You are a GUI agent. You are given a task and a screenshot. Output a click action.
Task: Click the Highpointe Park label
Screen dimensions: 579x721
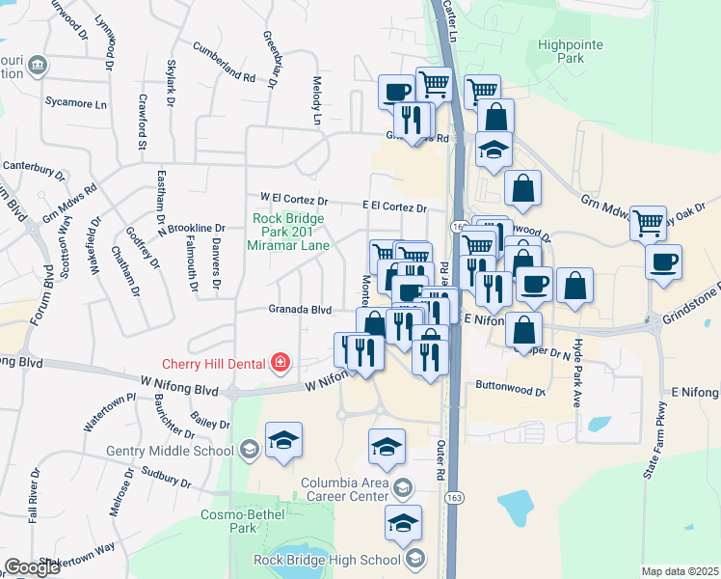[x=572, y=51]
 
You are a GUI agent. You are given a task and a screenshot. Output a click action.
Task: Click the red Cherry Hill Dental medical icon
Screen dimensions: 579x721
[x=280, y=362]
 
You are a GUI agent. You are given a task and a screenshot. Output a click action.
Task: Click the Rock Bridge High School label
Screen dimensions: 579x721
[x=327, y=560]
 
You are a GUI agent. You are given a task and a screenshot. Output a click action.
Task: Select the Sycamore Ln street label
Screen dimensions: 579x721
[x=76, y=101]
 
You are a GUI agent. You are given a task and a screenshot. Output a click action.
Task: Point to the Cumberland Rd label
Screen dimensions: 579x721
[x=224, y=62]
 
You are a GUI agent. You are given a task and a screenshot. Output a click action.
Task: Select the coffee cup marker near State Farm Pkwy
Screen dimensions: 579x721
[x=664, y=262]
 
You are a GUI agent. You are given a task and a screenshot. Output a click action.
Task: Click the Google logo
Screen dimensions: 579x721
[x=32, y=566]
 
